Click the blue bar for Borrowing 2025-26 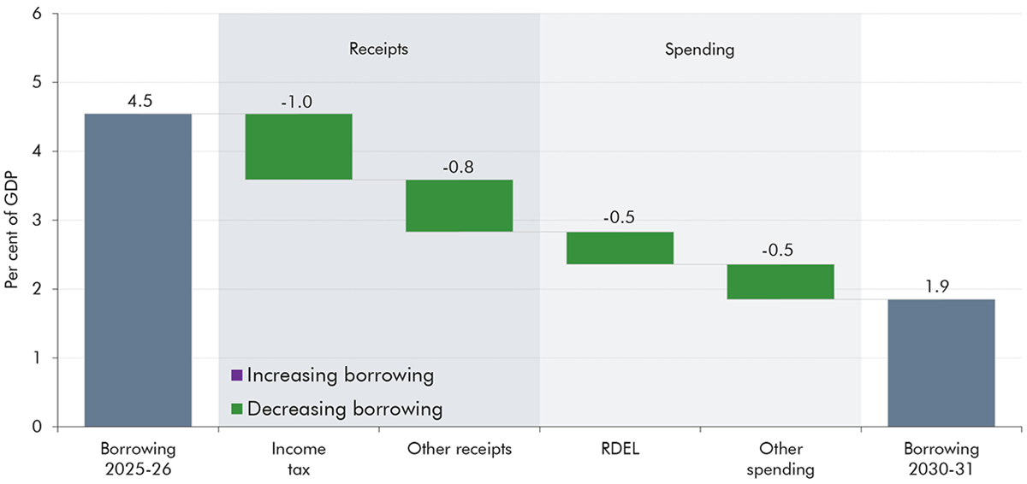tap(138, 270)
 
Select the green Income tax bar tap(299, 146)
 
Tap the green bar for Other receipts tap(459, 205)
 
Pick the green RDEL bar tap(620, 248)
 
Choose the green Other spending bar tap(781, 281)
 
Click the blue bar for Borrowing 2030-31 tap(941, 363)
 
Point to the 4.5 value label tap(138, 102)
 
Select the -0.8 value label tap(459, 168)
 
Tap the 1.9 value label tap(941, 286)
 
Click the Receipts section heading tap(378, 49)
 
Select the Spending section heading tap(700, 49)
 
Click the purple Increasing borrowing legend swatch tap(237, 375)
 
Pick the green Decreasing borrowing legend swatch tap(237, 409)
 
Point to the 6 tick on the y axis tap(38, 14)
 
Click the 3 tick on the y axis tap(38, 220)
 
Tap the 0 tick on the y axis tap(38, 427)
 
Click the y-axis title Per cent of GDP tap(12, 220)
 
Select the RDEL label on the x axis tap(620, 449)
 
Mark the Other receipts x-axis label tap(459, 449)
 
